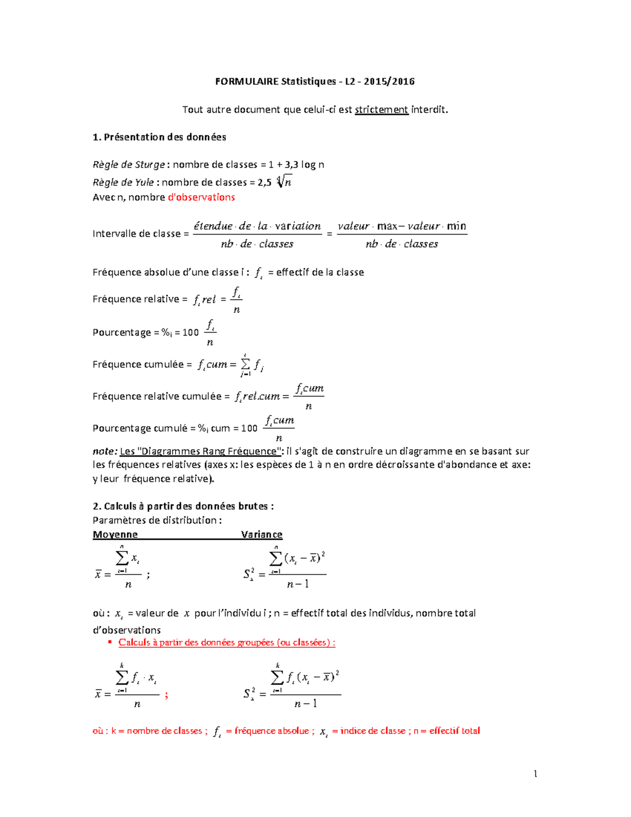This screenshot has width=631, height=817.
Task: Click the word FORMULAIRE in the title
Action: (x=247, y=82)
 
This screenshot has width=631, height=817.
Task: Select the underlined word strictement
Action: (x=381, y=110)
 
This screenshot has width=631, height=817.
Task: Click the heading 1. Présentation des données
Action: (x=159, y=137)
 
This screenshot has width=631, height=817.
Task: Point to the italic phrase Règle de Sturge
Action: (x=129, y=165)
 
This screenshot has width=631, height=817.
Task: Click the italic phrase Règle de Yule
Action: (x=123, y=183)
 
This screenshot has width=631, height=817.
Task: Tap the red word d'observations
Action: (x=201, y=197)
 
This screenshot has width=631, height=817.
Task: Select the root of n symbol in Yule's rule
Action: (x=284, y=181)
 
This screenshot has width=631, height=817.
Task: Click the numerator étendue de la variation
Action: (x=257, y=226)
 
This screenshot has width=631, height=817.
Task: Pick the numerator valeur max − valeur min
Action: (x=402, y=226)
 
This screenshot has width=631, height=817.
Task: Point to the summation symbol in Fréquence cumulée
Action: (x=245, y=364)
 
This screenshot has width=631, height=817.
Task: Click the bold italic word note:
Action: (x=105, y=451)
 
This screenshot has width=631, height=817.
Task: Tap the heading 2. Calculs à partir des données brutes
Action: (x=183, y=507)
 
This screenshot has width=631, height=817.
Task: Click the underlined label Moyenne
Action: (x=115, y=534)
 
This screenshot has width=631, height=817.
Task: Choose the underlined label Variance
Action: (x=261, y=534)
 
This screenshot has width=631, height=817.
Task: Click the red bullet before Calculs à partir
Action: (x=110, y=642)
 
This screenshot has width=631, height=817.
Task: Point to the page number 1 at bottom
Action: (x=535, y=774)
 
